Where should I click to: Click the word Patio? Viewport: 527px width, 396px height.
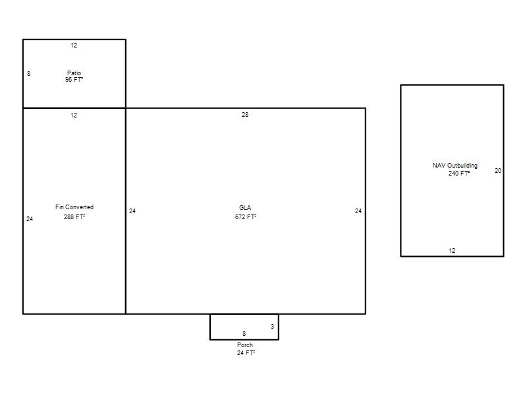point(74,73)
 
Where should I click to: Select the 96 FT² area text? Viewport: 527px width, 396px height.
point(74,80)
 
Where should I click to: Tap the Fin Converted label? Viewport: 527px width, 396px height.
point(74,207)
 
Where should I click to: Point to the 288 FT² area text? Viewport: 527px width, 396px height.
point(74,217)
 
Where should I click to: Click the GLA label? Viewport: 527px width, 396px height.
point(245,207)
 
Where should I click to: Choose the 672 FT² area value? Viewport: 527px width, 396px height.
point(245,217)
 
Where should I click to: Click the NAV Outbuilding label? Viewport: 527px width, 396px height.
point(455,166)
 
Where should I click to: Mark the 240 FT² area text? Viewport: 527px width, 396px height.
point(458,174)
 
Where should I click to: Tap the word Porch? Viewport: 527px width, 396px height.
point(245,345)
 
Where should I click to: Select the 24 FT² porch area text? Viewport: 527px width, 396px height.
point(246,353)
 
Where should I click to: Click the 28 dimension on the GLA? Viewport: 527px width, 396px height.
point(245,114)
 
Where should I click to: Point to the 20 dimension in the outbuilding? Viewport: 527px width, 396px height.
point(498,171)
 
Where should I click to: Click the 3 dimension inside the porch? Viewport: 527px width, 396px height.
point(272,326)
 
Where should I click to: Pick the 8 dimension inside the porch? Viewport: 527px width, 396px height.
point(244,334)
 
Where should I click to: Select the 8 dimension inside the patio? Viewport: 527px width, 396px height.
point(28,73)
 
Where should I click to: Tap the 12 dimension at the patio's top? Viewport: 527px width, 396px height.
point(74,45)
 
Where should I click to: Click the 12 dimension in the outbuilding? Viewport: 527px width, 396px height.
point(452,251)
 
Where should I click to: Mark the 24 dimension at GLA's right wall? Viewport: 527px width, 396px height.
point(358,211)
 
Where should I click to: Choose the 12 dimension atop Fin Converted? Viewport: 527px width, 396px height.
point(74,115)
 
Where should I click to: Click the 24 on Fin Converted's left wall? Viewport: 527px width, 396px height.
point(30,219)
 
